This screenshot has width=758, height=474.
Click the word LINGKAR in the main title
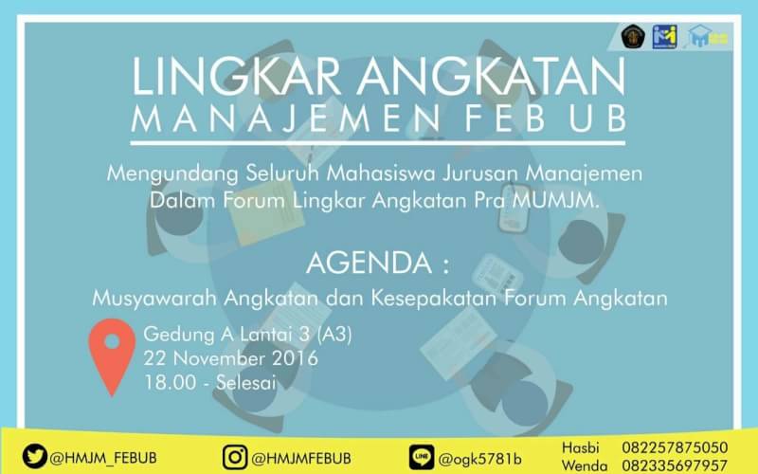point(226,78)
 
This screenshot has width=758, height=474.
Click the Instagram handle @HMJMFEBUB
point(302,457)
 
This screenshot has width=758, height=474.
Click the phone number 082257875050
point(675,447)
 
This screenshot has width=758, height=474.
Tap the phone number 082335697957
point(675,465)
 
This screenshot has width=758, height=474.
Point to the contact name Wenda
point(586,465)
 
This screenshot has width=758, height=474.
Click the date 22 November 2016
point(230,359)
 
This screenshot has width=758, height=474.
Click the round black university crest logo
point(632,36)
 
